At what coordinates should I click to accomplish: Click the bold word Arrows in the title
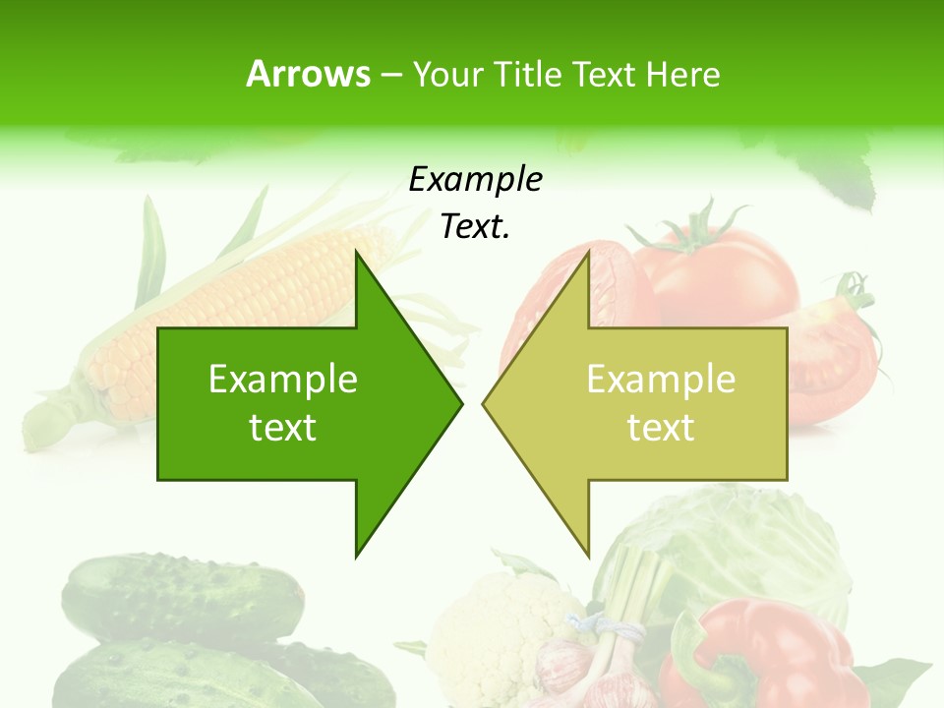click(x=308, y=74)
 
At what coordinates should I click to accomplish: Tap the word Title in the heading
click(x=530, y=75)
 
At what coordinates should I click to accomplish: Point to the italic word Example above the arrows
click(x=475, y=180)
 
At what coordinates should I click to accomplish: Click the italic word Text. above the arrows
click(x=475, y=226)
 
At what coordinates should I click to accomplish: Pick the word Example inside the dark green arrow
click(x=283, y=380)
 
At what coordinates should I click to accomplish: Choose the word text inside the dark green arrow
click(x=283, y=428)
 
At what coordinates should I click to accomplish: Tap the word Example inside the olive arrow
click(x=661, y=380)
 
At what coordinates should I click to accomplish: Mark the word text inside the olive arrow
click(x=661, y=428)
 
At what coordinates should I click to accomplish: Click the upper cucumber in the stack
click(x=182, y=595)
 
